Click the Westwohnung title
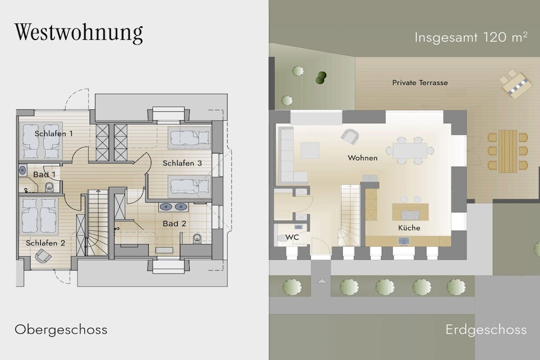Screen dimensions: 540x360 tap(79, 33)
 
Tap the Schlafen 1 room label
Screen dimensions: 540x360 tap(54, 133)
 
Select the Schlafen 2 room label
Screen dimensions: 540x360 tap(45, 243)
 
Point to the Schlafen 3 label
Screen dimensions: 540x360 tap(182, 163)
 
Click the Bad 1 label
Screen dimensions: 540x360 tap(44, 174)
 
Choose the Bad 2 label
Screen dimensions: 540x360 tap(175, 223)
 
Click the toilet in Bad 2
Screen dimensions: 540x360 tap(197, 238)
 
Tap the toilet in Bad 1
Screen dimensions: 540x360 tap(49, 187)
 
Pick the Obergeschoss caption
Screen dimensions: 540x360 tap(61, 330)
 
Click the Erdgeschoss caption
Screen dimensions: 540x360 tap(486, 330)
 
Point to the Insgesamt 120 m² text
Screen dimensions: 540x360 tap(471, 37)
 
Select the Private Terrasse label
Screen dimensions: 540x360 tap(420, 83)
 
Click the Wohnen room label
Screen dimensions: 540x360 tap(363, 158)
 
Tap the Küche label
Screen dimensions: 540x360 tap(409, 228)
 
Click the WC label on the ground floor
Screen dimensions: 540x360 tap(292, 237)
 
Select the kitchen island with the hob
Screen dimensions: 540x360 tap(410, 212)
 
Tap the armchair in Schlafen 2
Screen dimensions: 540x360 tap(43, 256)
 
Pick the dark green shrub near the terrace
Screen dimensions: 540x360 tap(321, 78)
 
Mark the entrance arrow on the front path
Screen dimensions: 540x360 tap(322, 281)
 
